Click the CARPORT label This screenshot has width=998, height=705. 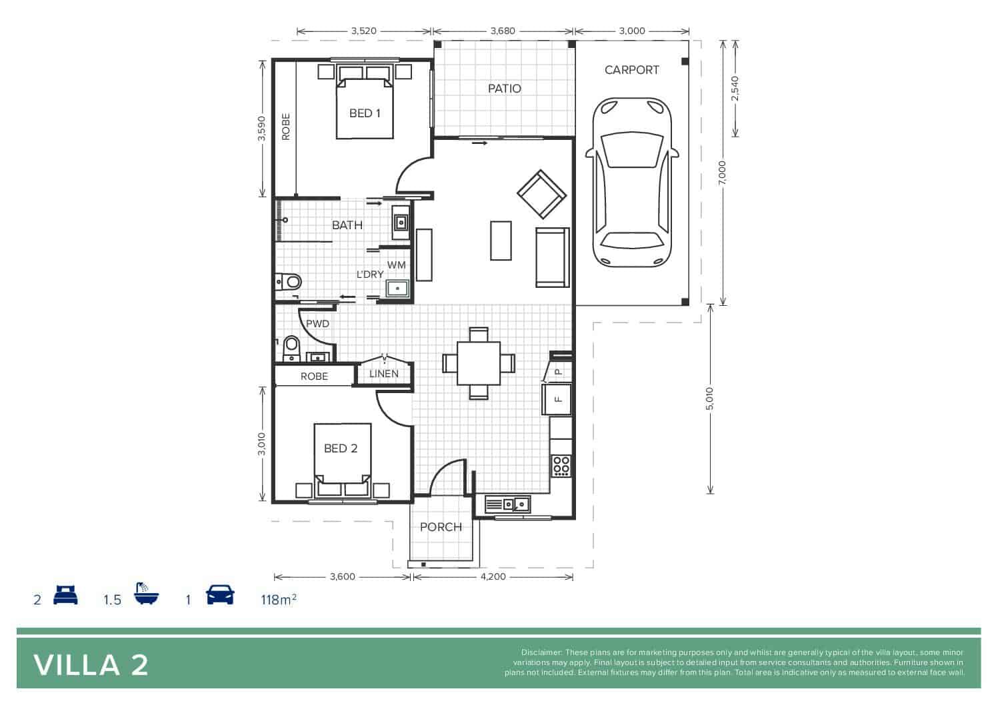631,70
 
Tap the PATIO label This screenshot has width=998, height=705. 505,89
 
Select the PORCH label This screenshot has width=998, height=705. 441,527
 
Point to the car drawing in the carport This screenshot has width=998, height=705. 632,182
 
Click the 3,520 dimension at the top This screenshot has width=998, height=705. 363,31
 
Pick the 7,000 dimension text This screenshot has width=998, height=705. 722,173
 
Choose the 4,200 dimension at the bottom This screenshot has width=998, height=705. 493,577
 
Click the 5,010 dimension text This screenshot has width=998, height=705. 710,399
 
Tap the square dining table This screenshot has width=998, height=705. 479,363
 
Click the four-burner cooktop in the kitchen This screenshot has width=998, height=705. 561,465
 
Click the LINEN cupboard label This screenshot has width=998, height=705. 383,374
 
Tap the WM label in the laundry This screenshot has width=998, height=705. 396,265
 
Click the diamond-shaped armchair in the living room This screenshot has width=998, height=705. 541,194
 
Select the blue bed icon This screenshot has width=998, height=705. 65,595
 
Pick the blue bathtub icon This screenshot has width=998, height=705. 146,593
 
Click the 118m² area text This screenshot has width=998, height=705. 279,600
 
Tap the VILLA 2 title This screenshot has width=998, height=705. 91,666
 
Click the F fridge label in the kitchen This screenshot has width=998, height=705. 558,399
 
